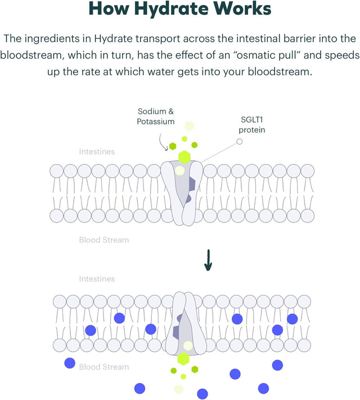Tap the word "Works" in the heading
243,10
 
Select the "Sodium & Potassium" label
156,116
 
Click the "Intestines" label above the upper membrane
97,152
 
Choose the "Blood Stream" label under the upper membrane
103,240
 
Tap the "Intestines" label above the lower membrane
97,279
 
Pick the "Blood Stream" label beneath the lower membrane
103,367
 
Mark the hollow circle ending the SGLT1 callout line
240,141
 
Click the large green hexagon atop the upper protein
184,157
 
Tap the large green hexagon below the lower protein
183,358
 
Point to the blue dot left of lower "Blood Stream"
70,363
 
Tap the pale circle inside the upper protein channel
179,170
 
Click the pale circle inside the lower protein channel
188,346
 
